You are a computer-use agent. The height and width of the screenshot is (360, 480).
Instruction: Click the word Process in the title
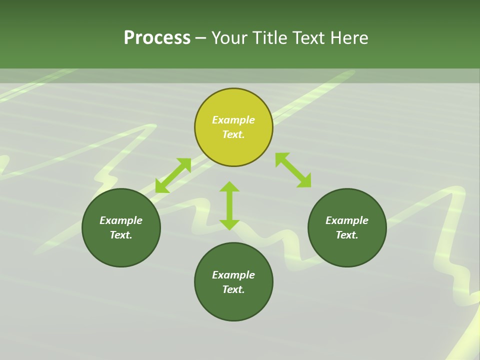[157, 37]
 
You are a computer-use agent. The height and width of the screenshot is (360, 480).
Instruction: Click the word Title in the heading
[270, 37]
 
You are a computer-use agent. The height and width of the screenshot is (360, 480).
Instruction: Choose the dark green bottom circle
[233, 305]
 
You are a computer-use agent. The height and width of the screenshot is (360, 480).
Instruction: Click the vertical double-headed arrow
[229, 205]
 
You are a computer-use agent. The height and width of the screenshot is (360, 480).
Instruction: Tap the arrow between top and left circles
[173, 175]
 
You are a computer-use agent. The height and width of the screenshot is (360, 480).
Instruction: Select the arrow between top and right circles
[293, 170]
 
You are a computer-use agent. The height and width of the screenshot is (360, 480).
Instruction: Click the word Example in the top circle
[233, 120]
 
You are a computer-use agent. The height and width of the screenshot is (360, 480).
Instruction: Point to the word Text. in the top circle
[233, 134]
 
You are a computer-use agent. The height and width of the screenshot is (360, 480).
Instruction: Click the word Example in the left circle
[121, 220]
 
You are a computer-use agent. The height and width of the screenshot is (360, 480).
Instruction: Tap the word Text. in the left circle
[121, 235]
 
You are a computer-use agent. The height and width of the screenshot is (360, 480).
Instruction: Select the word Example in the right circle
[347, 220]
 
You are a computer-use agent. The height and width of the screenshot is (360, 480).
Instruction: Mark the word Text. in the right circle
[347, 235]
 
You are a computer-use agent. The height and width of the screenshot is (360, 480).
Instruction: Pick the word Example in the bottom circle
[233, 275]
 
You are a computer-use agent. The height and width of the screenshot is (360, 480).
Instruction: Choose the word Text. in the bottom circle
[233, 289]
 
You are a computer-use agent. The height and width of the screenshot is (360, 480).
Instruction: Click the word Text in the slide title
[309, 37]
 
